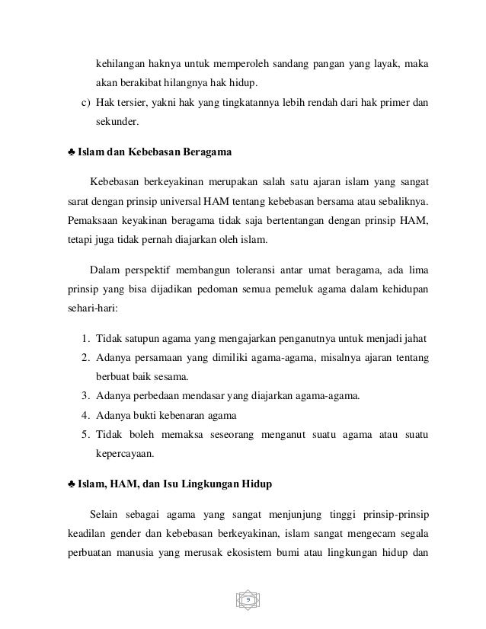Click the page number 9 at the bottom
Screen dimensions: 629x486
coord(247,602)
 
